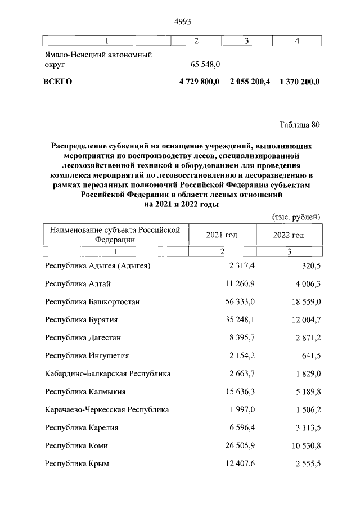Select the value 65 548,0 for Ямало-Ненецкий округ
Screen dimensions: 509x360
pyautogui.click(x=209, y=65)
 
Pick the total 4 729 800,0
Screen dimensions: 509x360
pyautogui.click(x=201, y=82)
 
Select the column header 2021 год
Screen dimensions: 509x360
pyautogui.click(x=222, y=235)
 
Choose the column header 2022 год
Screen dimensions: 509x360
pyautogui.click(x=289, y=235)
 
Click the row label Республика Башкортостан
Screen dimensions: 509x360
pyautogui.click(x=92, y=302)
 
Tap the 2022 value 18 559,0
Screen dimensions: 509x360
pyautogui.click(x=304, y=302)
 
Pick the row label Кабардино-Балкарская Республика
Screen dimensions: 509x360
pyautogui.click(x=107, y=374)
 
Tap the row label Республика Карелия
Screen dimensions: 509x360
pyautogui.click(x=82, y=428)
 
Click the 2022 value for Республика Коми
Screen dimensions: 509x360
pyautogui.click(x=304, y=446)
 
